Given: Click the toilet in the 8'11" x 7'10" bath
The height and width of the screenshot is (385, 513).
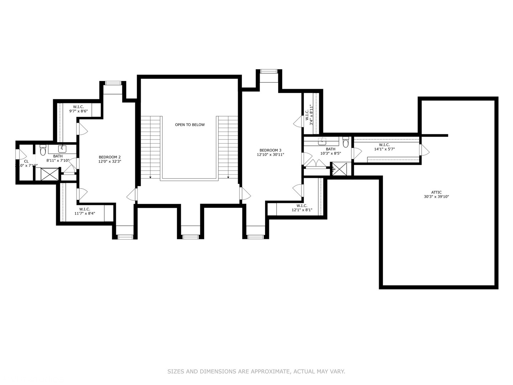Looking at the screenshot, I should (43, 151).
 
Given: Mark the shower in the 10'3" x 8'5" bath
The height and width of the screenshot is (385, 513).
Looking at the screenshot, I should (339, 169).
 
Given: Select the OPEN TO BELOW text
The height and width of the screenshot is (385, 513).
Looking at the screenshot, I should (190, 125).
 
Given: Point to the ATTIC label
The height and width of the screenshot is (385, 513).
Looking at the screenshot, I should (436, 192).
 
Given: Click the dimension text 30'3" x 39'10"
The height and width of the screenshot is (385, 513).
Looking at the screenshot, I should (436, 197).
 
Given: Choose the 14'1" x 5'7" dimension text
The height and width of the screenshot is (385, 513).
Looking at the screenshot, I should (384, 149).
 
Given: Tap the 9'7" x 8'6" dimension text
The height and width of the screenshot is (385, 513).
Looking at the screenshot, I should (78, 111).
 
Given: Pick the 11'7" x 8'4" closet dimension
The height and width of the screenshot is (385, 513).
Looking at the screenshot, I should (85, 214).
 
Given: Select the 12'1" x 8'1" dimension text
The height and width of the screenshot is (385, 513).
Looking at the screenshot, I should (302, 210).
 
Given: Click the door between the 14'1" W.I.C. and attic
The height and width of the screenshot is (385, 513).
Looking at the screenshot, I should (424, 150).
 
